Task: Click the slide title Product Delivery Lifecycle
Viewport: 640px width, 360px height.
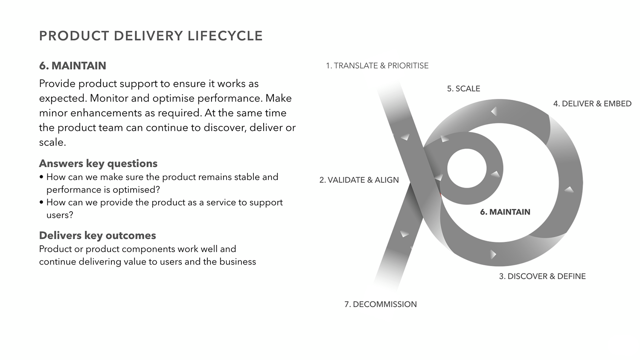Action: click(x=151, y=36)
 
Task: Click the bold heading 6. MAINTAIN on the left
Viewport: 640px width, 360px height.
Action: click(x=73, y=66)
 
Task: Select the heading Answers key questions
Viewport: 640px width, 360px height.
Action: click(x=98, y=163)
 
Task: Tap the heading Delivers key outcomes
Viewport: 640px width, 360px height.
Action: click(x=97, y=235)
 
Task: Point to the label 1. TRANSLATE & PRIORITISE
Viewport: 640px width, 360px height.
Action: click(x=377, y=66)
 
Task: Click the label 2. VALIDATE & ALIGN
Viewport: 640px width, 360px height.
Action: click(x=359, y=180)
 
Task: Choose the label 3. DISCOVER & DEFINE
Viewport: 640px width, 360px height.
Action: click(x=542, y=276)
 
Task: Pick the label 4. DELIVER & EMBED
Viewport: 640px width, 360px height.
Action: click(x=592, y=104)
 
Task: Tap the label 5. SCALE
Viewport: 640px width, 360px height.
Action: click(x=463, y=89)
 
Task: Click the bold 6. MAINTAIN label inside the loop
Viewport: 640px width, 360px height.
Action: click(x=505, y=212)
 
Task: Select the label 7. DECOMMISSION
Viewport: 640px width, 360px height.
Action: click(x=381, y=305)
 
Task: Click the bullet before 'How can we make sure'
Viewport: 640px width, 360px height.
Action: click(x=41, y=177)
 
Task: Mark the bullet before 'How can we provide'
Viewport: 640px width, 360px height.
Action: click(x=41, y=203)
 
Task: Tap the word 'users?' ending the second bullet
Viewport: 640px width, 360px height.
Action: click(x=60, y=215)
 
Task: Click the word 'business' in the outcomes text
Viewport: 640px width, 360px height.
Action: click(x=238, y=261)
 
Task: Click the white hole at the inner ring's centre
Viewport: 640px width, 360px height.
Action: click(x=467, y=168)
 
